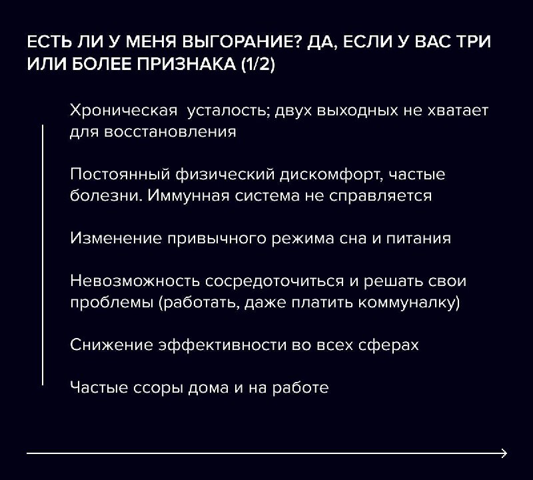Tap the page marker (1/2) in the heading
point(258,64)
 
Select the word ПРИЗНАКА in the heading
point(187,64)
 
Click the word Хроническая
point(124,111)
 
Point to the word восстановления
point(170,132)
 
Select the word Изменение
point(116,238)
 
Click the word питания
point(418,239)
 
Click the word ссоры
point(158,388)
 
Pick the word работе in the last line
point(300,387)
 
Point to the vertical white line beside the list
point(43,255)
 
